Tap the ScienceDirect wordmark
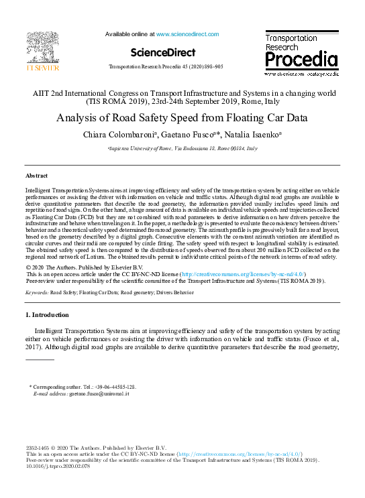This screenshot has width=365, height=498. [x=163, y=52]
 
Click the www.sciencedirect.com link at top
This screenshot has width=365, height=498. [x=187, y=34]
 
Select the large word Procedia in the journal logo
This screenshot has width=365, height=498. [x=301, y=61]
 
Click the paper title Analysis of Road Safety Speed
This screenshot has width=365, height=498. [x=182, y=119]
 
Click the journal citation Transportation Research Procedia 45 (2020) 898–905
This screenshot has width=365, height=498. [x=166, y=68]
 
